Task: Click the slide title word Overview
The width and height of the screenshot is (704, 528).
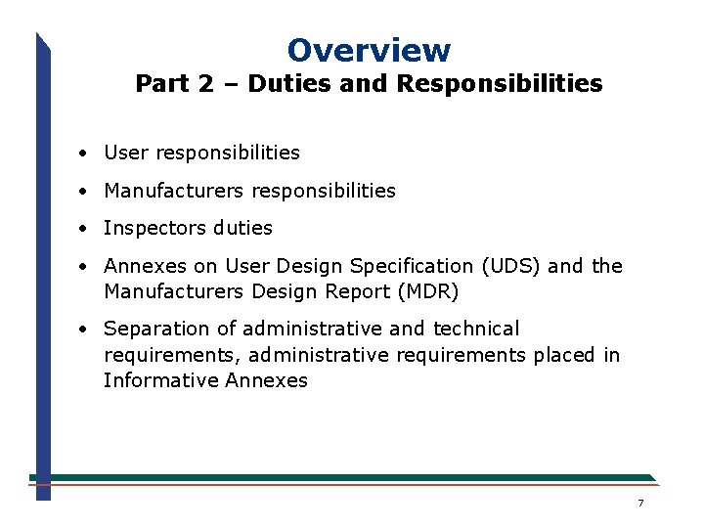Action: tap(369, 50)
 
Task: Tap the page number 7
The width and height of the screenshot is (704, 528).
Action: tap(640, 504)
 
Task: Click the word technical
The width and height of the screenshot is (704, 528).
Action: tap(476, 329)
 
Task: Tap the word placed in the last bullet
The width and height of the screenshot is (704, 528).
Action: tap(564, 355)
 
